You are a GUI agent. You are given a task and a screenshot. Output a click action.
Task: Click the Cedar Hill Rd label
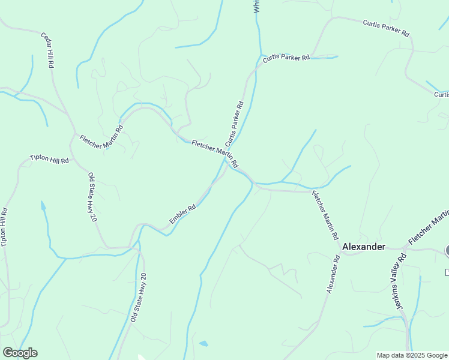coord(49,49)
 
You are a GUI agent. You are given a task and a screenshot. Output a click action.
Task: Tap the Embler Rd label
coord(182,215)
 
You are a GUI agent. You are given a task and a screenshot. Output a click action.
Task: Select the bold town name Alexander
coord(363,247)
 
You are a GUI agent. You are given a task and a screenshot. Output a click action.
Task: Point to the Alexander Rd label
coord(333,275)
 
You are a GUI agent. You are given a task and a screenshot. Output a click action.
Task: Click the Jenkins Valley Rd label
coord(396,281)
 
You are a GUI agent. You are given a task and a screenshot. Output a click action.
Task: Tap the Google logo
coord(20,353)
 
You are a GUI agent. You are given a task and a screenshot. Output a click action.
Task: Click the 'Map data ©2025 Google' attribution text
coord(412,355)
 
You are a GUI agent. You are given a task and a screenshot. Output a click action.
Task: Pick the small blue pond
coord(204,344)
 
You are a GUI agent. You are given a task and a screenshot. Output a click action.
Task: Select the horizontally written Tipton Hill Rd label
coord(50,160)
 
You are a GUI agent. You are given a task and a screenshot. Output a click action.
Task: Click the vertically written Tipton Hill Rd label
coord(5,227)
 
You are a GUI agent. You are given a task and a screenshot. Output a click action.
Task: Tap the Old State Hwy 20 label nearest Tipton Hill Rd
coord(92,197)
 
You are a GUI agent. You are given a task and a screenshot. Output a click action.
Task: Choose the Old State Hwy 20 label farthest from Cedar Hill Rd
coord(138,298)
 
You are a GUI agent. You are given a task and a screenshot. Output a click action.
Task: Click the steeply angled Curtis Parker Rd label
coord(234,124)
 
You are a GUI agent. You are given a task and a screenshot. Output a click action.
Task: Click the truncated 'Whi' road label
coord(256,6)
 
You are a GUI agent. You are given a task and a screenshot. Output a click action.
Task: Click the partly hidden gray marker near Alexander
coord(447,250)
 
